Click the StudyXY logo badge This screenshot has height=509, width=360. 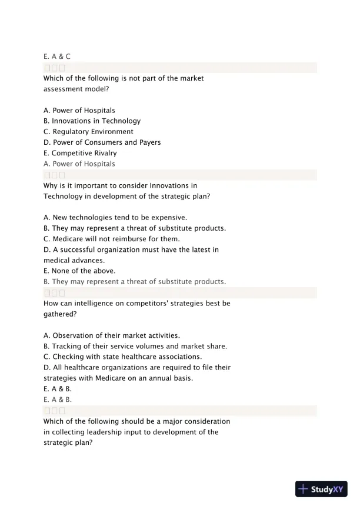click(x=321, y=488)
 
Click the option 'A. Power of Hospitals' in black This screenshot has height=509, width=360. click(x=79, y=110)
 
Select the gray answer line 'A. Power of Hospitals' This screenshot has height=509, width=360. click(x=79, y=164)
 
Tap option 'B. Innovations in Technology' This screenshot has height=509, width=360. click(x=92, y=121)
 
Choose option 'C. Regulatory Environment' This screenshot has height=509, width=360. click(x=88, y=131)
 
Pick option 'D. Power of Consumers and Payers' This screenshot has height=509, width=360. click(x=102, y=142)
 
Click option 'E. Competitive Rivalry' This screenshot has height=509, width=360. click(x=80, y=153)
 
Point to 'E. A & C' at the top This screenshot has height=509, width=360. click(x=57, y=56)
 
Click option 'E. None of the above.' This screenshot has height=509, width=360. click(x=79, y=271)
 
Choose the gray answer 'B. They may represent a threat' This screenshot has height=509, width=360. click(x=135, y=281)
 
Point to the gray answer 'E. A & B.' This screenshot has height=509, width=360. click(x=58, y=398)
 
